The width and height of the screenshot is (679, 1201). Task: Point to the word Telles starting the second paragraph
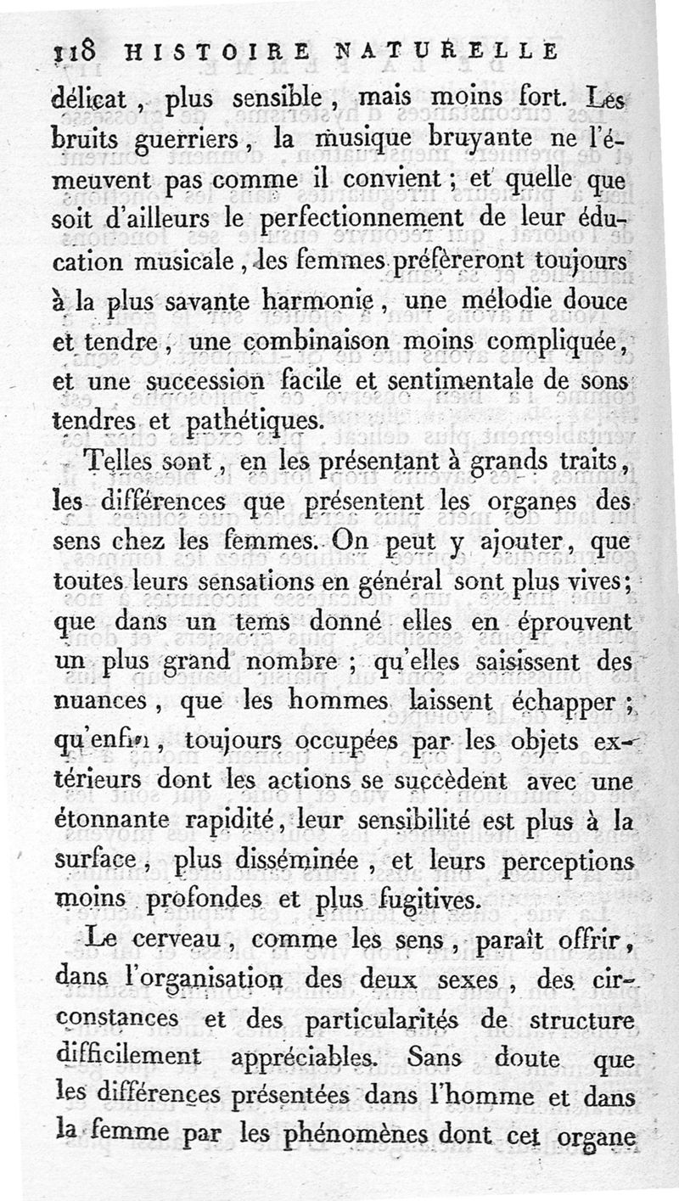(x=123, y=463)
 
